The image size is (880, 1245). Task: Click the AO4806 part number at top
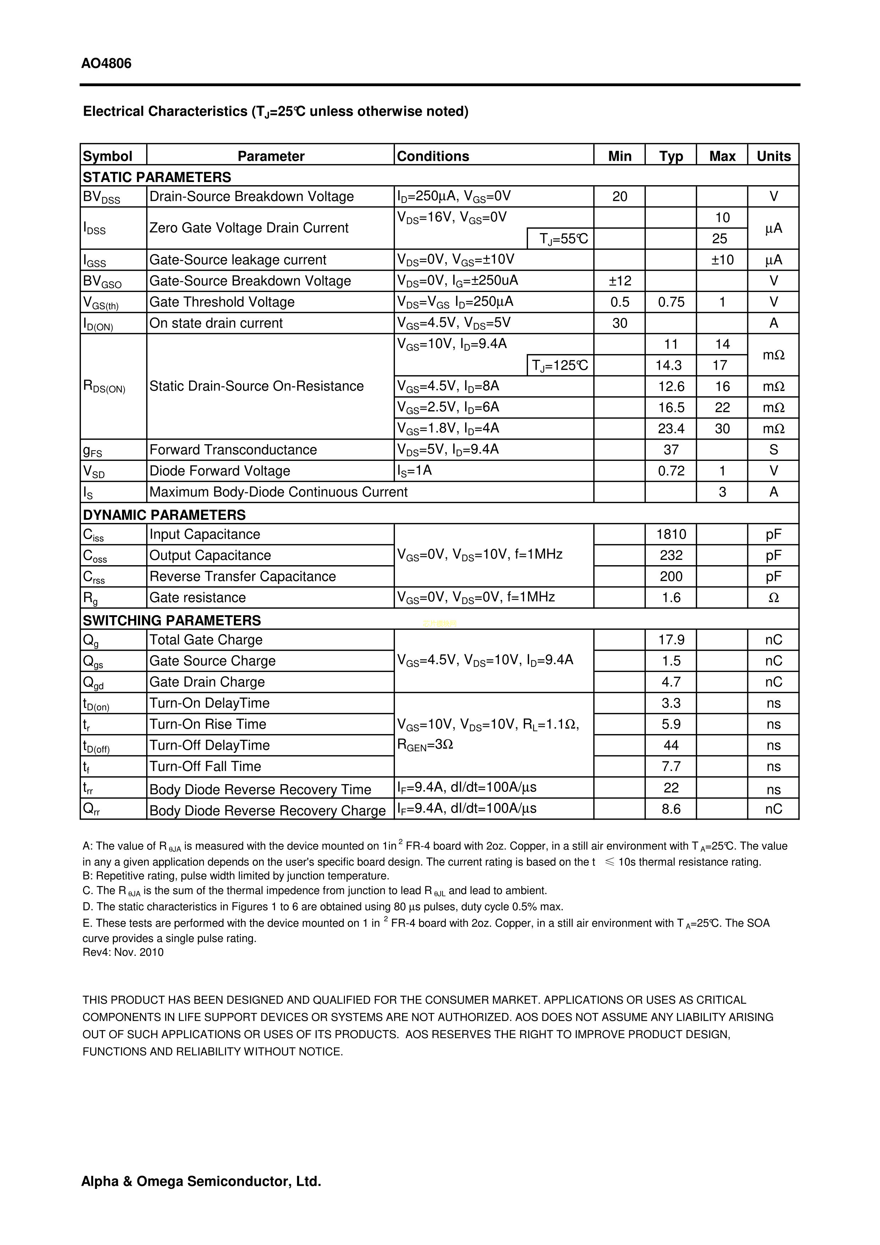(x=106, y=64)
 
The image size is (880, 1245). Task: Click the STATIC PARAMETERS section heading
(x=157, y=177)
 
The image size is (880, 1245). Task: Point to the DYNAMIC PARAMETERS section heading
(x=164, y=514)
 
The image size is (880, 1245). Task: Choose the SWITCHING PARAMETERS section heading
(x=171, y=620)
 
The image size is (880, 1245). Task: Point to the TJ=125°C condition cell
(x=560, y=365)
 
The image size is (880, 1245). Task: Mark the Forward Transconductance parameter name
(x=233, y=450)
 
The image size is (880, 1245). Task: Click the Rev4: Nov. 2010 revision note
(x=123, y=953)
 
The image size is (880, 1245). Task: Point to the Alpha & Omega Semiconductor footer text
(x=201, y=1181)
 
